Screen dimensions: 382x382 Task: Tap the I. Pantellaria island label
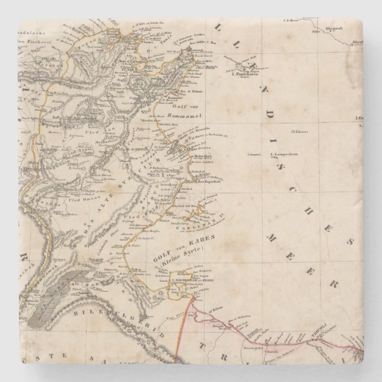pos(245,75)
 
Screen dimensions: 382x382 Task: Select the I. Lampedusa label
pos(284,156)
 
